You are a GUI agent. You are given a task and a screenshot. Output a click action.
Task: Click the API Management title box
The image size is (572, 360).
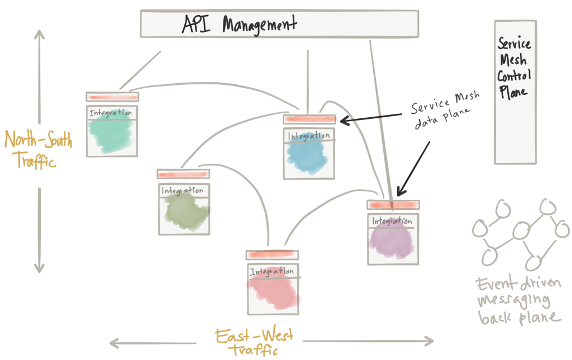click(x=279, y=23)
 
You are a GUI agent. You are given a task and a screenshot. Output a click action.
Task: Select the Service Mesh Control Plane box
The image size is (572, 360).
click(x=515, y=92)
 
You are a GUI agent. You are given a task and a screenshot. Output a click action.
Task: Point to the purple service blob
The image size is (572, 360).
click(x=392, y=239)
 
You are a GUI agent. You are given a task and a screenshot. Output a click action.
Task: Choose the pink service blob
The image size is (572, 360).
click(x=274, y=290)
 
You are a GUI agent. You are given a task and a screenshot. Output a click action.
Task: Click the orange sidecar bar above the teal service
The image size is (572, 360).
click(x=112, y=97)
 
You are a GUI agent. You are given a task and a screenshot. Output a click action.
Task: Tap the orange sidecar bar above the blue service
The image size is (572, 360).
click(x=309, y=119)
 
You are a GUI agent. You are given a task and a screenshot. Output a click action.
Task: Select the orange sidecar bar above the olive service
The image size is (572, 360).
click(x=183, y=174)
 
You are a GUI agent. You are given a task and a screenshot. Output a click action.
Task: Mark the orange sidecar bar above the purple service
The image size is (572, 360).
click(x=393, y=205)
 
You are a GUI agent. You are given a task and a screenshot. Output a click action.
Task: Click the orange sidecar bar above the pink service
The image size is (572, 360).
click(x=272, y=254)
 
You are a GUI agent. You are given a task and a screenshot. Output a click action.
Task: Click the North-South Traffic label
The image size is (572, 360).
click(x=38, y=150)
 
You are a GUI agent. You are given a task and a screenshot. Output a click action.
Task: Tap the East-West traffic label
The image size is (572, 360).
click(x=254, y=342)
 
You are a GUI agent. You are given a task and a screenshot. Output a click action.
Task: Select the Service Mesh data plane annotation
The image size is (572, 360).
click(x=445, y=109)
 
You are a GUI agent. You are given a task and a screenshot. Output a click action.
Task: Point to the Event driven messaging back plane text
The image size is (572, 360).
click(x=518, y=301)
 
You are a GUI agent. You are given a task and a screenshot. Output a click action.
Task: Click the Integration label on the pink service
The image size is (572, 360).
click(x=272, y=271)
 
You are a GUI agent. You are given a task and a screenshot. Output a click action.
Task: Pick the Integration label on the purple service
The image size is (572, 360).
click(x=392, y=221)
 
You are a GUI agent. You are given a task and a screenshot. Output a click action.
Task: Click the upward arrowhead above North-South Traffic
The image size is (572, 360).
click(x=40, y=34)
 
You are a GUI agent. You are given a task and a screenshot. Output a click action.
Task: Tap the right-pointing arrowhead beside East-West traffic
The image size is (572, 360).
click(x=429, y=341)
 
